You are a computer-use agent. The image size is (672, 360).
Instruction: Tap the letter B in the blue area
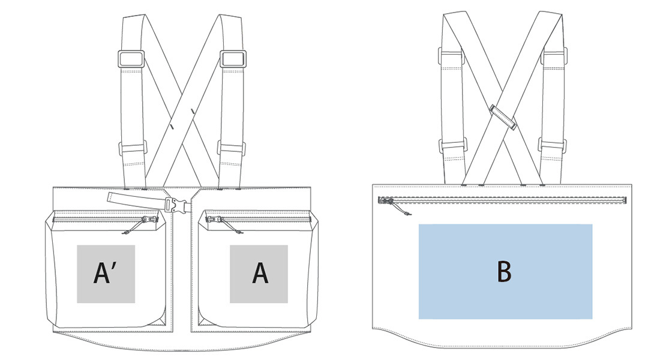tap(504, 271)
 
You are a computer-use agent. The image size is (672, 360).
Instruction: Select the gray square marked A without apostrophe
tap(259, 274)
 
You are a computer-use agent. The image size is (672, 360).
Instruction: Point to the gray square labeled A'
tap(106, 274)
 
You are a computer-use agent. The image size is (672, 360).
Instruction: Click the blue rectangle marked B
tap(505, 271)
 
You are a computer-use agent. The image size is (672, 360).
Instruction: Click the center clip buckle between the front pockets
tap(178, 204)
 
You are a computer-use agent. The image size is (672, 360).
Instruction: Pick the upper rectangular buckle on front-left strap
tap(131, 59)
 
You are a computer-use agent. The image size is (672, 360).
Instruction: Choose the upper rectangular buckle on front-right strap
tap(233, 59)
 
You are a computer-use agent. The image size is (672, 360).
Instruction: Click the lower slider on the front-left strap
tap(133, 148)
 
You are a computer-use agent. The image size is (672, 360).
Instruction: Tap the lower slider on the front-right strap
tap(232, 148)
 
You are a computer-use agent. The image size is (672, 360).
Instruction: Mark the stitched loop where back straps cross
tap(502, 116)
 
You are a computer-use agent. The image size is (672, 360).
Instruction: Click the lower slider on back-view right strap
tap(553, 146)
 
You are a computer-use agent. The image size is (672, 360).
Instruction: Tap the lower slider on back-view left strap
tap(452, 146)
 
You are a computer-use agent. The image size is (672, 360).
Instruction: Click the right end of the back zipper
tap(625, 200)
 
